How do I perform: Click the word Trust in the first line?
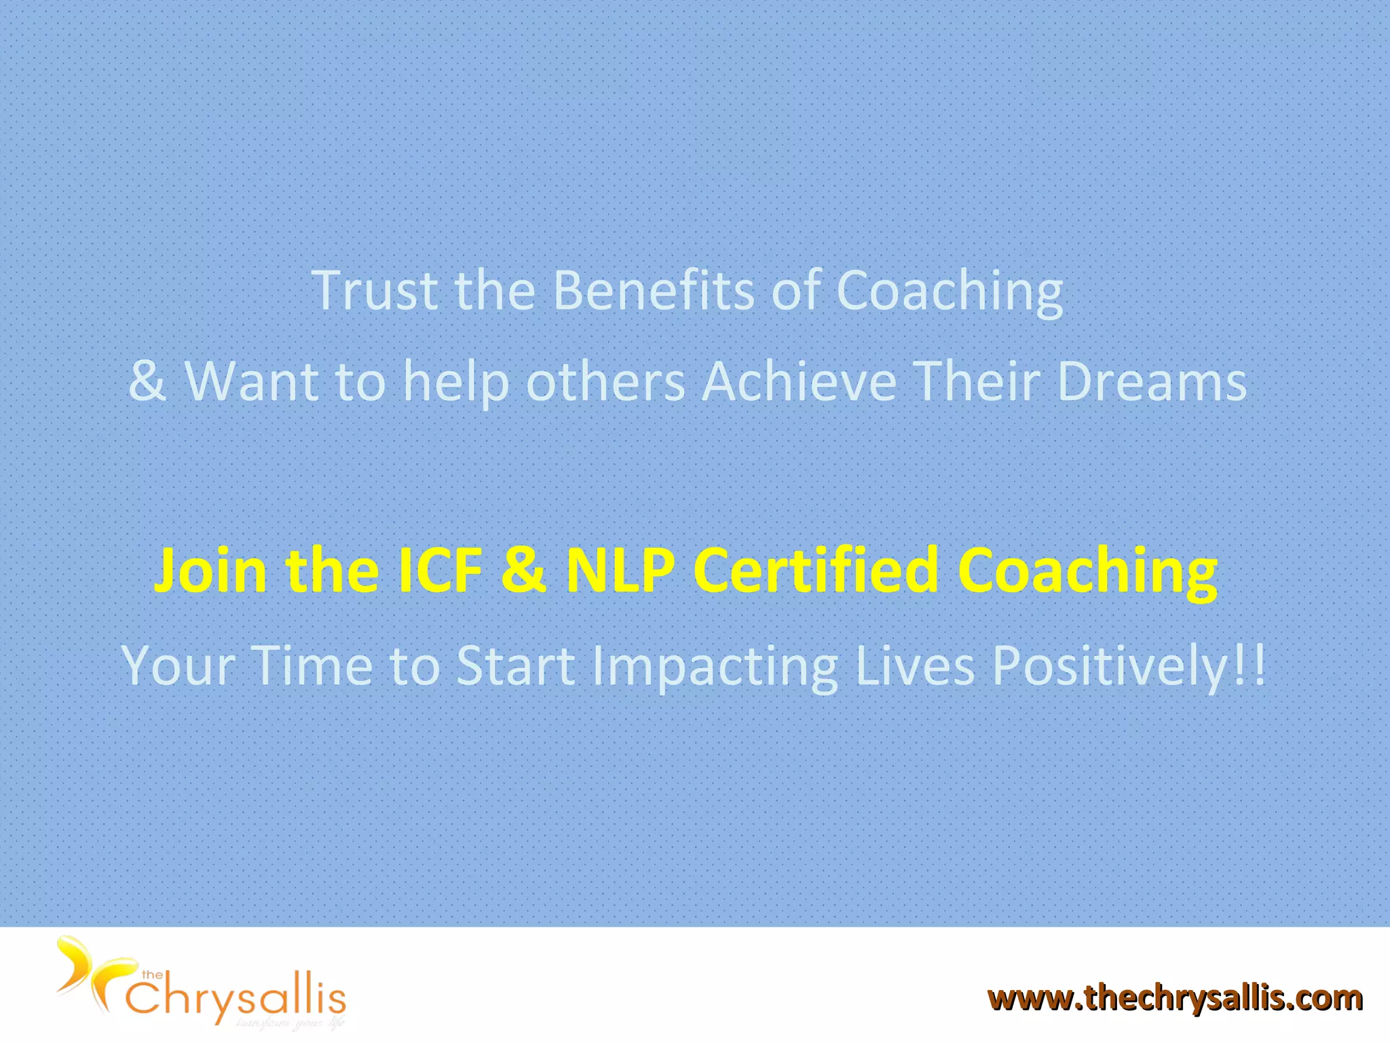point(375,291)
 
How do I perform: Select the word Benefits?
point(654,291)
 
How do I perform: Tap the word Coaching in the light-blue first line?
point(949,292)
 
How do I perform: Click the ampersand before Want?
point(147,382)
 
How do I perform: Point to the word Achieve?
point(799,382)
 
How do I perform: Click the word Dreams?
point(1152,382)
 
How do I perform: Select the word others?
point(605,382)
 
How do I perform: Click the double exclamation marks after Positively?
point(1249,665)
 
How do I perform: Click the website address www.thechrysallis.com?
point(1174,998)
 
